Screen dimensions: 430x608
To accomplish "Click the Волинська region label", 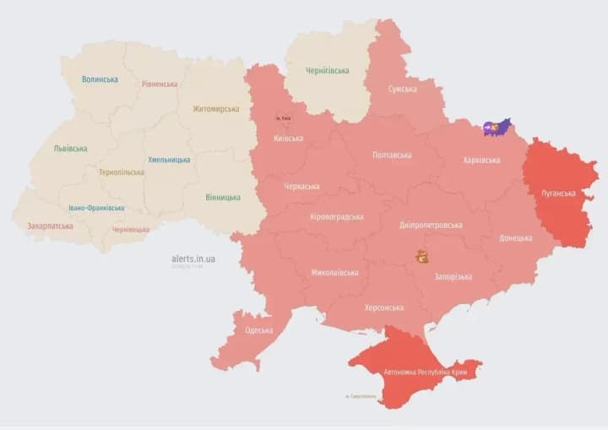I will (x=100, y=79).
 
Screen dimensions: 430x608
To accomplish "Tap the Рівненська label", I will (x=160, y=84).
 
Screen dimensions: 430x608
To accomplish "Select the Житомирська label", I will (x=215, y=109).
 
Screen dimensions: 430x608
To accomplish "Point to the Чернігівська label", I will (x=327, y=70).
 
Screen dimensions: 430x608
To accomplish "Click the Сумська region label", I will (x=401, y=89).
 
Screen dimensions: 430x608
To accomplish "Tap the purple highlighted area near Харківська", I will (x=497, y=128).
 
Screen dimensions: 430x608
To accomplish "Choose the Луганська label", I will (x=558, y=193).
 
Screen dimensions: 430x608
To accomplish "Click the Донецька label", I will (x=516, y=238).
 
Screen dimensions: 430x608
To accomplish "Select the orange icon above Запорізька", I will (x=421, y=256).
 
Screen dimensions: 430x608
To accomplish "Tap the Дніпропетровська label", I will (x=431, y=226).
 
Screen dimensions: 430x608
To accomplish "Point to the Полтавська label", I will (x=391, y=155).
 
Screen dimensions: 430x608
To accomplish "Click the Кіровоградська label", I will (x=336, y=217).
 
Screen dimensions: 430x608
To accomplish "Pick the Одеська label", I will (x=258, y=330).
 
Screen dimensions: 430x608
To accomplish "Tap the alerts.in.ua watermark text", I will (x=193, y=259).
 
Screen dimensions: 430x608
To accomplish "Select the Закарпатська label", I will (x=50, y=226).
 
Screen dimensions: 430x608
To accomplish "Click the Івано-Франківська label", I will (x=96, y=208).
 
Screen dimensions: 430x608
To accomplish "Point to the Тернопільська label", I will (x=121, y=172).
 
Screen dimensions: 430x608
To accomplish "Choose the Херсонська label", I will (x=383, y=308).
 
